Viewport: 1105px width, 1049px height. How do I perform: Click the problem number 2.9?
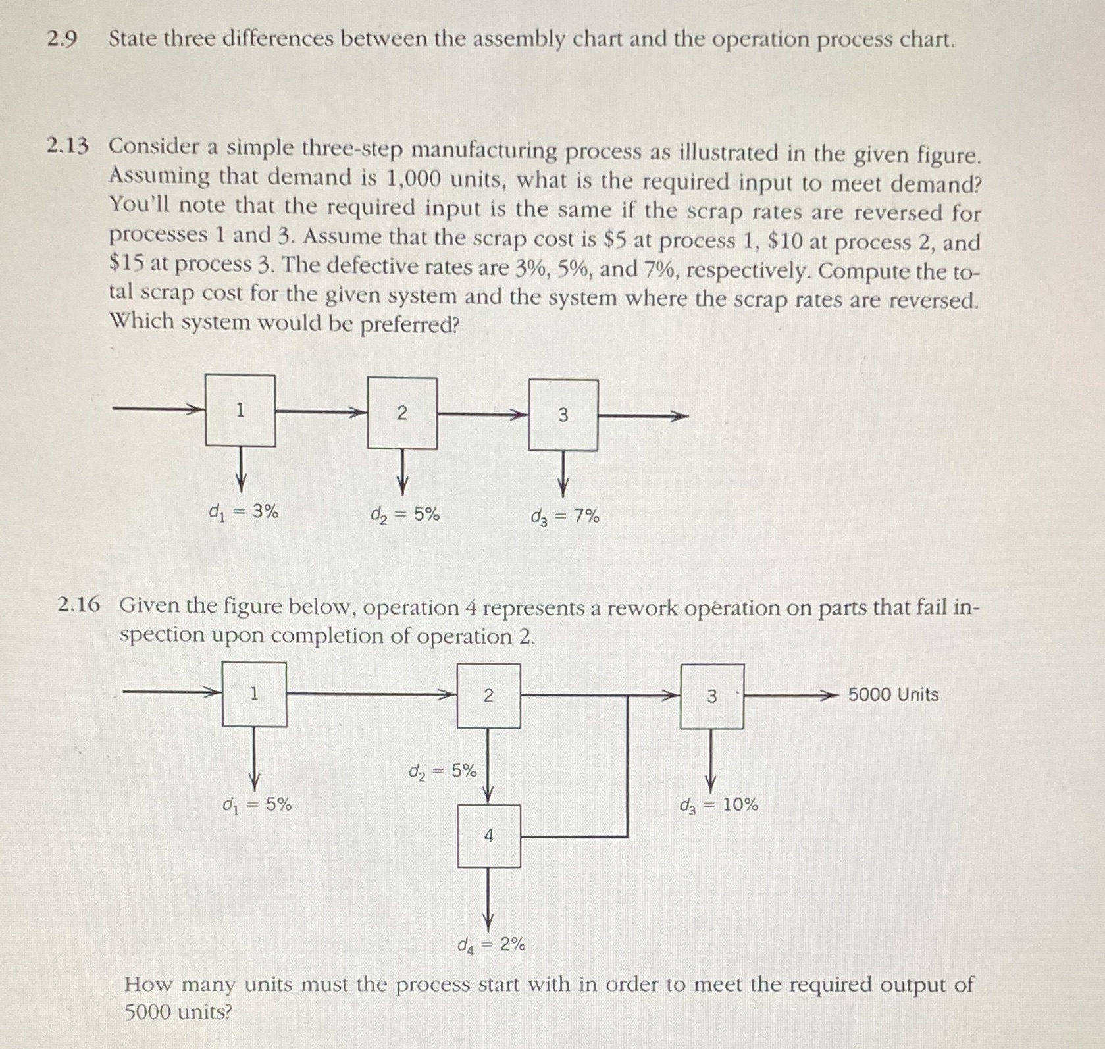(61, 39)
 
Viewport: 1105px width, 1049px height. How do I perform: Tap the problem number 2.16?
(78, 605)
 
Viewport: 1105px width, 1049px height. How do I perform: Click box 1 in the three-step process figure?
(240, 411)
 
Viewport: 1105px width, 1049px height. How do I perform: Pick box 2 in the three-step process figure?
(402, 413)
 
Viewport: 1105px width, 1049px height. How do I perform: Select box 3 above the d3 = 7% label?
(563, 415)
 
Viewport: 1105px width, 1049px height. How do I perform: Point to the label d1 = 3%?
(243, 511)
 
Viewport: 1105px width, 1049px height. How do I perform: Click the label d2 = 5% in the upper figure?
(405, 514)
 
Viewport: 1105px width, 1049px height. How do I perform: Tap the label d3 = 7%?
(565, 517)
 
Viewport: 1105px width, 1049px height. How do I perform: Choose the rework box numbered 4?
(489, 836)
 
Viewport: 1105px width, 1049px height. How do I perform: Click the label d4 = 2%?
(491, 945)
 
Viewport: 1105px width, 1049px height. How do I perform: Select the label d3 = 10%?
(719, 805)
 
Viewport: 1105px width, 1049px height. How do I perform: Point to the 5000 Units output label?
(893, 695)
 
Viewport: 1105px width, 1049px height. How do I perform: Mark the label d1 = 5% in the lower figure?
(257, 804)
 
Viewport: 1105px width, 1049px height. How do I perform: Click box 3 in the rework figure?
(712, 696)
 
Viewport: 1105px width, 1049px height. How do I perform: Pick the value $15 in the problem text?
(122, 263)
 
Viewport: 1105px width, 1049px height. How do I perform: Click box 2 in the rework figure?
(488, 696)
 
